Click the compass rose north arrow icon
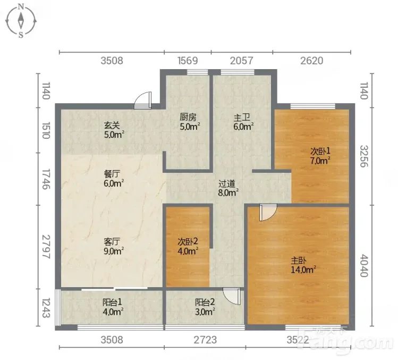click(21, 21)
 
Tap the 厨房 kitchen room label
click(188, 117)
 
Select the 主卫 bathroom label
click(242, 118)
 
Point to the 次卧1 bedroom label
click(320, 151)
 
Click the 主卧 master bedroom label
click(299, 261)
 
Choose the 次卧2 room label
click(188, 241)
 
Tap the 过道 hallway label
click(227, 183)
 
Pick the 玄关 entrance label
click(112, 125)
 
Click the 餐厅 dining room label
click(112, 174)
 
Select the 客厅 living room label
click(112, 241)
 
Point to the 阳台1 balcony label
click(112, 302)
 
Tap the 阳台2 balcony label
click(205, 302)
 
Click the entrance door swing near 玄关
click(142, 101)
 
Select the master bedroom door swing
click(268, 212)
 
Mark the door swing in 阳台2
click(232, 296)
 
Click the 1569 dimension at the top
click(188, 61)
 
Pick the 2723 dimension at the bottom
click(205, 340)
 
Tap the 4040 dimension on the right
click(364, 265)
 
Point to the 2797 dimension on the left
click(46, 247)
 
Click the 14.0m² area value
click(303, 270)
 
